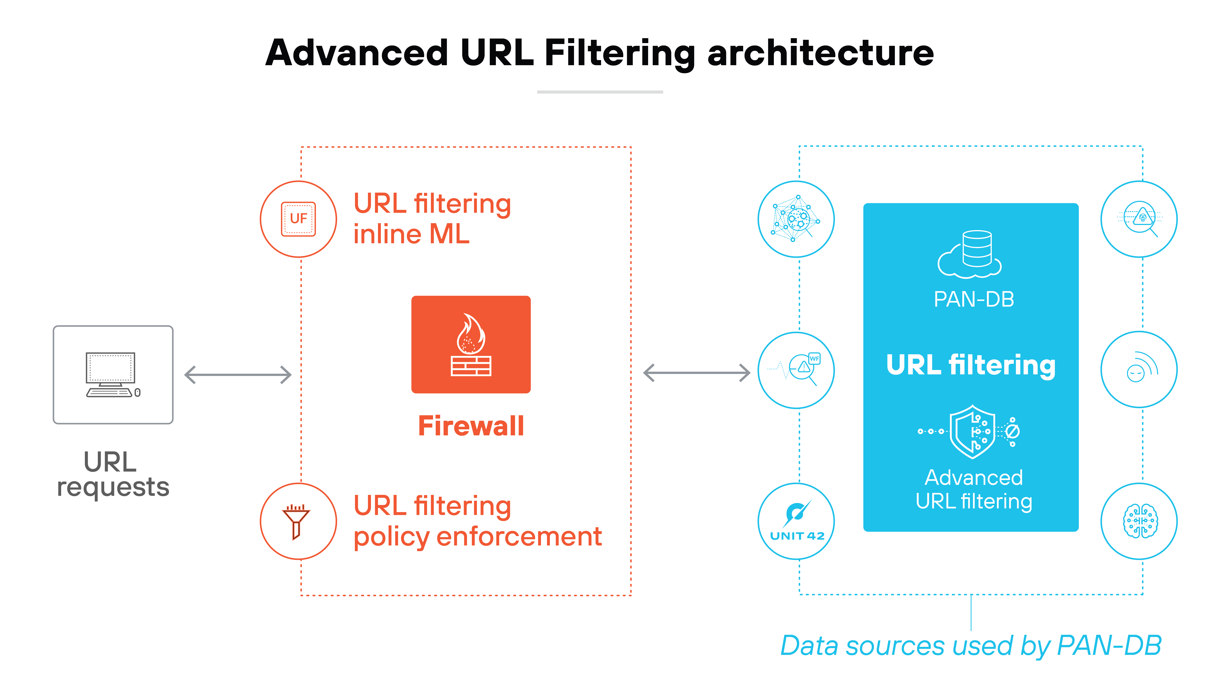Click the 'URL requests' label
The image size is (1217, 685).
[112, 474]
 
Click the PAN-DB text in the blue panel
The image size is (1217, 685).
[974, 299]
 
